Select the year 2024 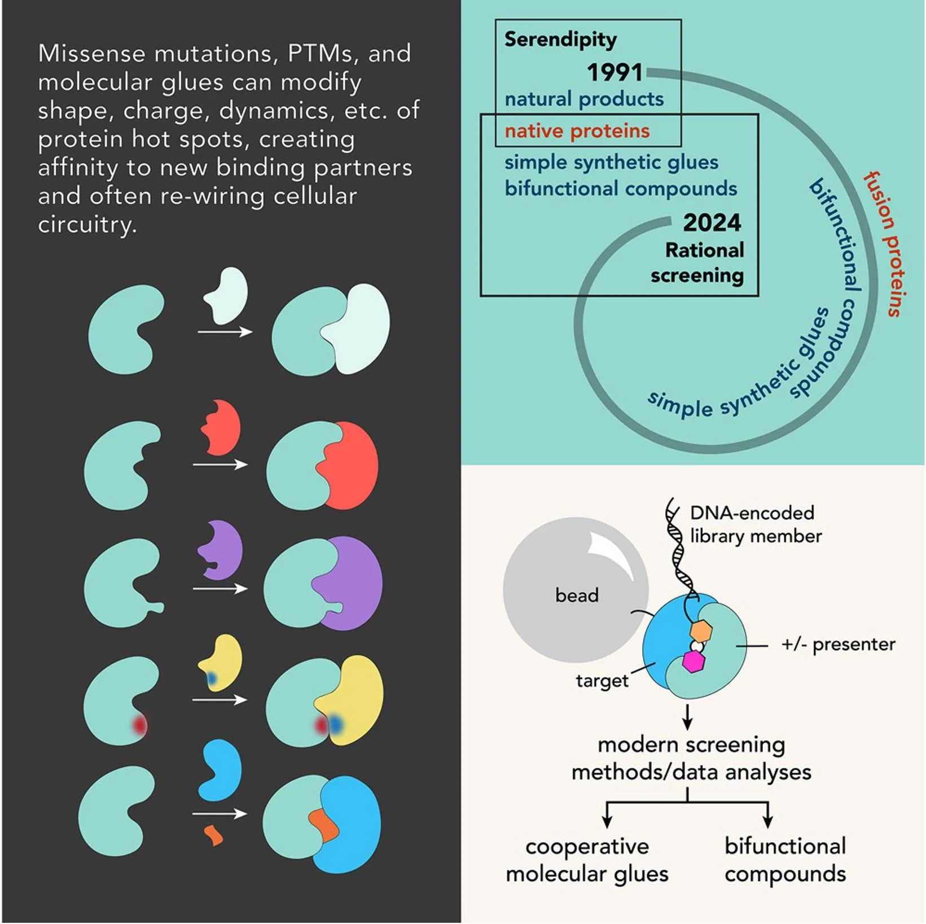(712, 223)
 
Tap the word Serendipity (560, 40)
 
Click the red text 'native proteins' (577, 131)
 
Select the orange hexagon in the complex (701, 630)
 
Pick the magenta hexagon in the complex (694, 661)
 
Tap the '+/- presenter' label (838, 644)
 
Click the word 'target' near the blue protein (602, 681)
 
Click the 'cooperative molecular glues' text (587, 860)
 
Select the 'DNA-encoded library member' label (755, 524)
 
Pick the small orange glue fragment (213, 835)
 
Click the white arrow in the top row (225, 332)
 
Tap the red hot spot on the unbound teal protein (139, 724)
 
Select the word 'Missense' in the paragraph (91, 54)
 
